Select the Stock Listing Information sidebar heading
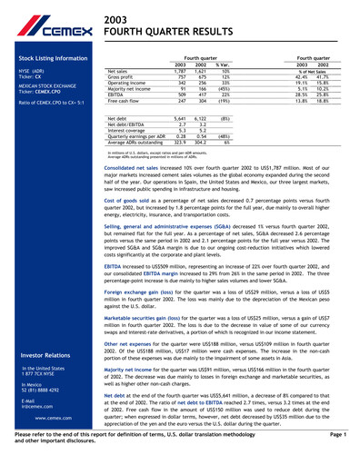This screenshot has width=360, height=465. pos(46,58)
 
